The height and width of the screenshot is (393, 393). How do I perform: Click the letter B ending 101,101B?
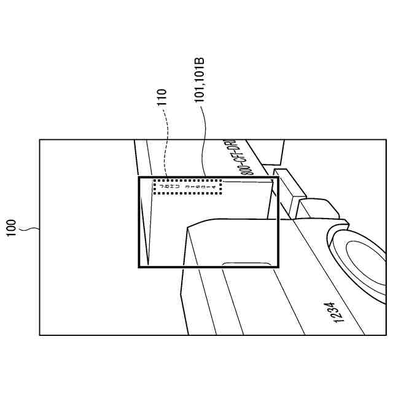(199, 61)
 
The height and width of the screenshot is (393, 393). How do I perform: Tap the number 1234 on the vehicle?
(336, 313)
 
